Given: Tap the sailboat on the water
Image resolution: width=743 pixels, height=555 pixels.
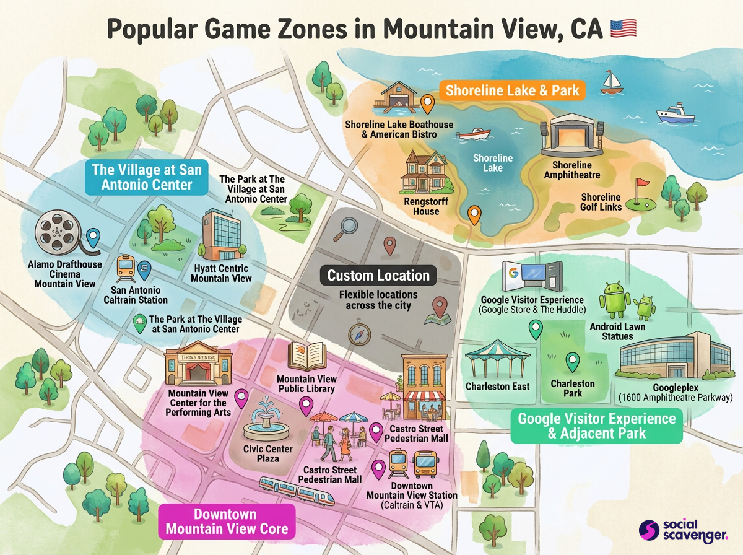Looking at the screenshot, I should [610, 82].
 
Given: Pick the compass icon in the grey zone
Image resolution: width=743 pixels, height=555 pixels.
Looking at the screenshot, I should [358, 334].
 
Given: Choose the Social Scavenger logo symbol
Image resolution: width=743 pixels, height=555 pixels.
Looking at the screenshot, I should [649, 530].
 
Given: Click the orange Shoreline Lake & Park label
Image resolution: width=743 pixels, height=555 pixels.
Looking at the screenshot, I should [513, 90].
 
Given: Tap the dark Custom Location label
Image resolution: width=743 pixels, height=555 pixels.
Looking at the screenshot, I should [378, 276].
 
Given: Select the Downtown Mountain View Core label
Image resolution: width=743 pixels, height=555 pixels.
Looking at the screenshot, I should [226, 522].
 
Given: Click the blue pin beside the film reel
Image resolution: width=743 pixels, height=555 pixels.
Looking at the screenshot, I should [93, 237].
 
